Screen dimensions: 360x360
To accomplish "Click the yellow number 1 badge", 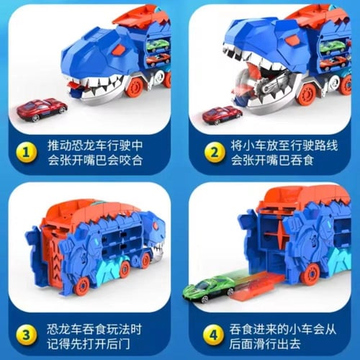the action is point(26,153).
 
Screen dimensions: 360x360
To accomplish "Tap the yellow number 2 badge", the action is point(215,153).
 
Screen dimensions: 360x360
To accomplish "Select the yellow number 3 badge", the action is point(26,335).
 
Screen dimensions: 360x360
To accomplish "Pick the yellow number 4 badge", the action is point(213,335).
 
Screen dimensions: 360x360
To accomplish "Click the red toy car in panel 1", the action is point(42,109).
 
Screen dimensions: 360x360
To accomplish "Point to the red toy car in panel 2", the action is point(222,115).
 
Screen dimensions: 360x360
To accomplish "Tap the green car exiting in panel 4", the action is point(209,289).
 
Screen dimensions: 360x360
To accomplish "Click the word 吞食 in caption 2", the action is point(302,161).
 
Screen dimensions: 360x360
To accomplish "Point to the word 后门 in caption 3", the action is point(118,344).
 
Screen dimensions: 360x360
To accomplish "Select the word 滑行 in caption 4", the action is point(265,344).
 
